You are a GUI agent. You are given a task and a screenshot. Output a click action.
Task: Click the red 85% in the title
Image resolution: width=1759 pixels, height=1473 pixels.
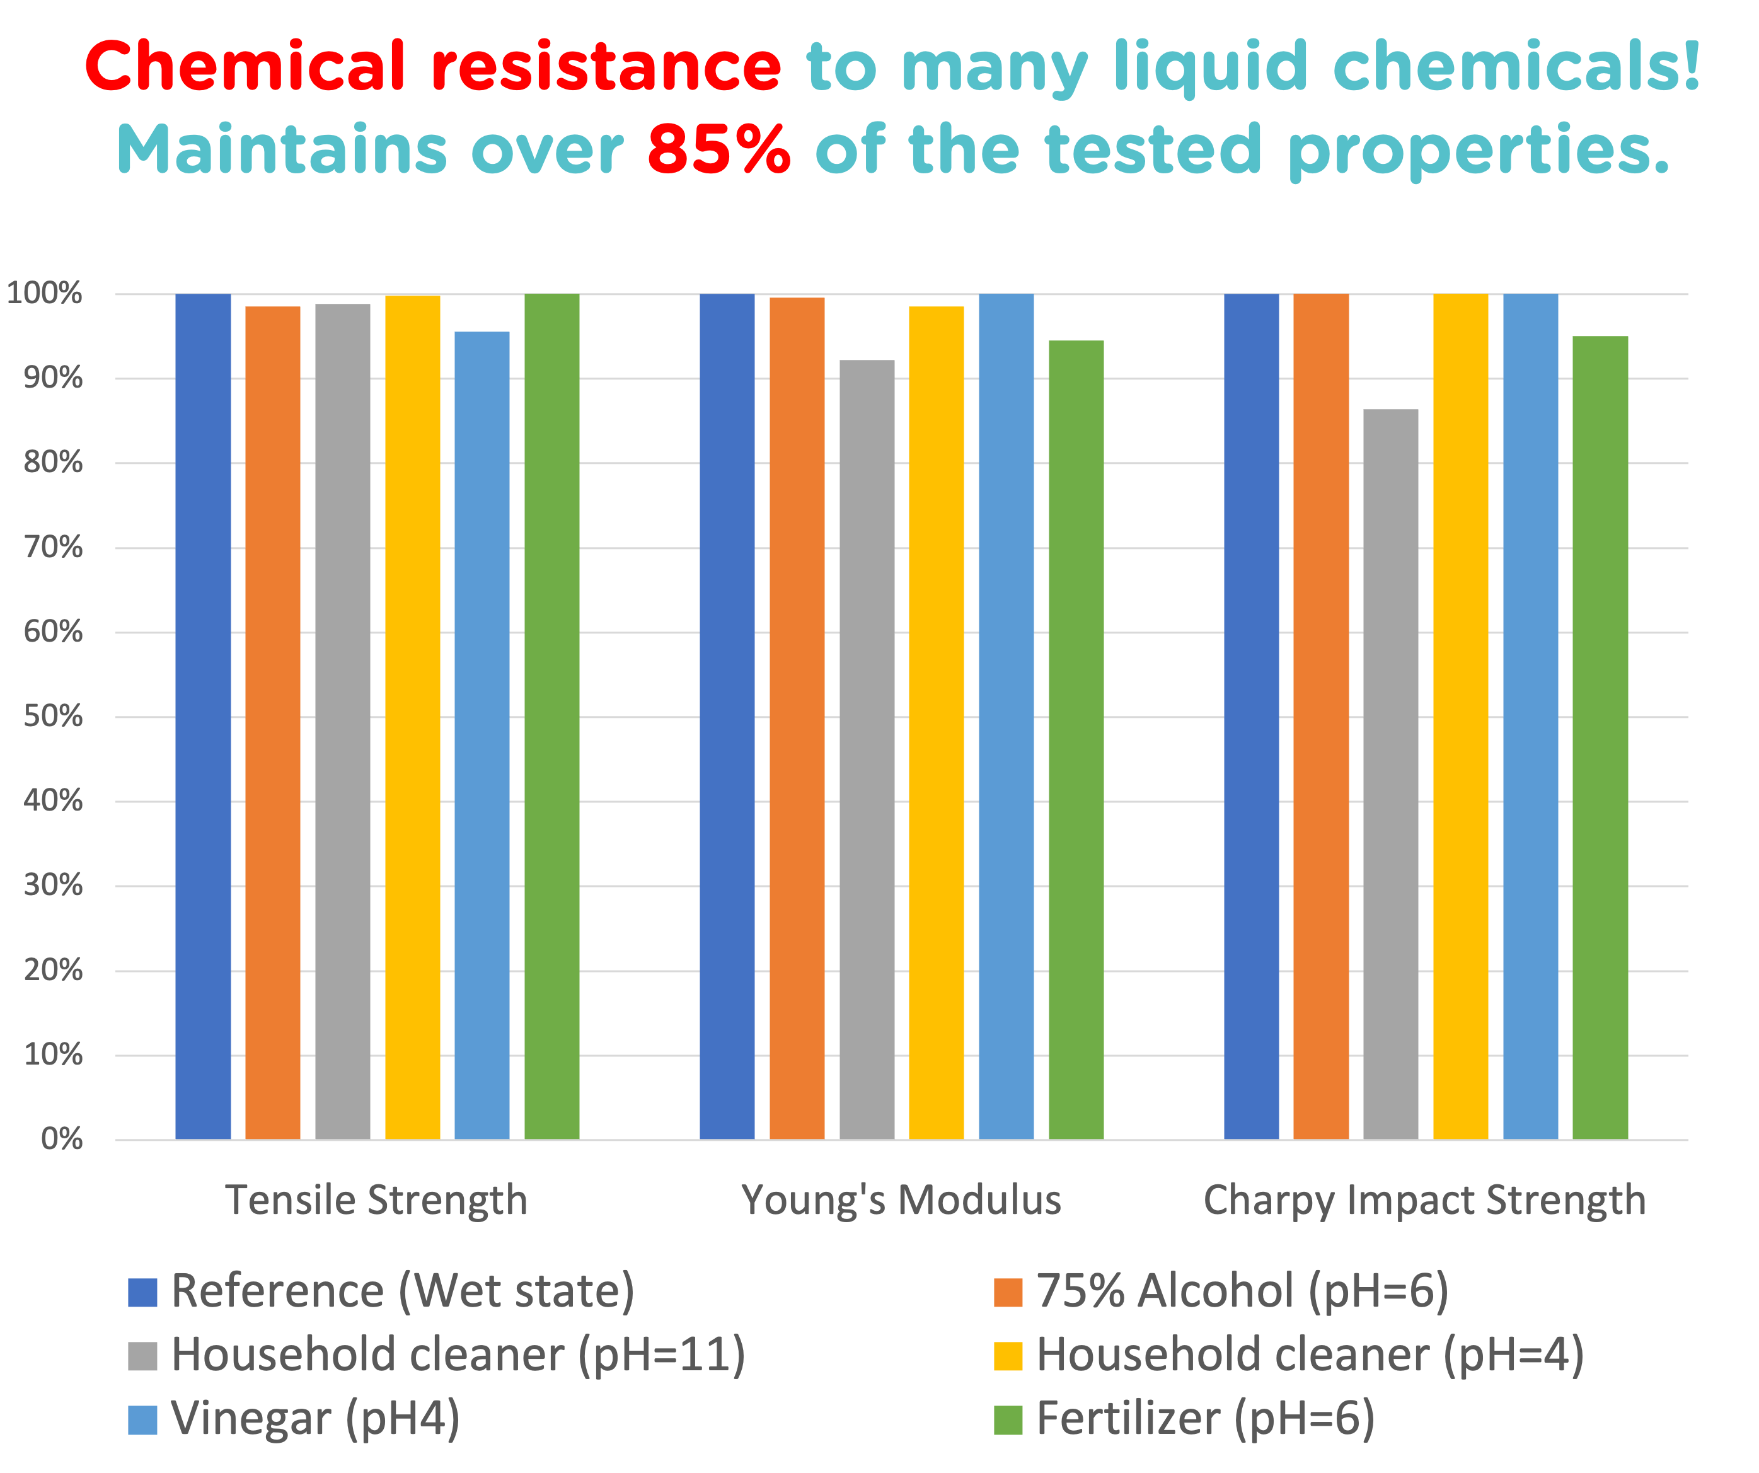[718, 149]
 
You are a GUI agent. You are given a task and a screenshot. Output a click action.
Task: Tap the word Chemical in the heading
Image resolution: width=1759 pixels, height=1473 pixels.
[245, 67]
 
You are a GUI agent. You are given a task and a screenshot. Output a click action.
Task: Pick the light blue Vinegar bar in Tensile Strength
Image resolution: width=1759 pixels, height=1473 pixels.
[482, 735]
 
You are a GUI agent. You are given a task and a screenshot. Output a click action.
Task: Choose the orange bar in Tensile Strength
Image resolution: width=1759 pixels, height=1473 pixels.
[272, 722]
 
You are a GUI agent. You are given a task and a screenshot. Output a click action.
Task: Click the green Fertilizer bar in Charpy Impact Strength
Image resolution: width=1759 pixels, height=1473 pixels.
[1600, 737]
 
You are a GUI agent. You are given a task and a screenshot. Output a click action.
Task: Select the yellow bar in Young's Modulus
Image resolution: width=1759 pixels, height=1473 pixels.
[936, 722]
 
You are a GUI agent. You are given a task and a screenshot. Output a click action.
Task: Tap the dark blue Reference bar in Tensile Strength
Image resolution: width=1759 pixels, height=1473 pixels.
[203, 717]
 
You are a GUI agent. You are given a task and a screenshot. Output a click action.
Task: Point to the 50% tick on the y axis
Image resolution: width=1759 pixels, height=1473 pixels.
[53, 717]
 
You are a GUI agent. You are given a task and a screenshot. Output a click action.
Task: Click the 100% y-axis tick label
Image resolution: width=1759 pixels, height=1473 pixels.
[44, 293]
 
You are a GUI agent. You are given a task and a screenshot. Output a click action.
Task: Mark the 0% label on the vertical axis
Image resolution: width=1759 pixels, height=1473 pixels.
[61, 1139]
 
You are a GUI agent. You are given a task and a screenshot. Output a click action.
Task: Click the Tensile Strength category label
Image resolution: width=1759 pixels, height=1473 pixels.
[376, 1200]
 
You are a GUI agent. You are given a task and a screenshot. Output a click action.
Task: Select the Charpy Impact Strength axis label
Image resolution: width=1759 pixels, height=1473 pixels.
[1424, 1200]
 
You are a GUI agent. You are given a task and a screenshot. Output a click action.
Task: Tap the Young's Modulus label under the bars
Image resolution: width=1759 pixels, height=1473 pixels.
[901, 1200]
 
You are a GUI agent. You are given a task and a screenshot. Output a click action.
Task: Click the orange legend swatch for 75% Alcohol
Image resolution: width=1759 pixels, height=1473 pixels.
[1008, 1293]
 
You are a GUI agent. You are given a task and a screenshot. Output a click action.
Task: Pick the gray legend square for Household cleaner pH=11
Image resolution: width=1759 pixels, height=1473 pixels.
[142, 1356]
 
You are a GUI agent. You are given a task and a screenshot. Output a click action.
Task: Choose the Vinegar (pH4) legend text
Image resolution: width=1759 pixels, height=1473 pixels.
[315, 1419]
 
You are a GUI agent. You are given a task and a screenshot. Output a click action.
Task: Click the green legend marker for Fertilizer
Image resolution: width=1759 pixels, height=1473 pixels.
[1008, 1420]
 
